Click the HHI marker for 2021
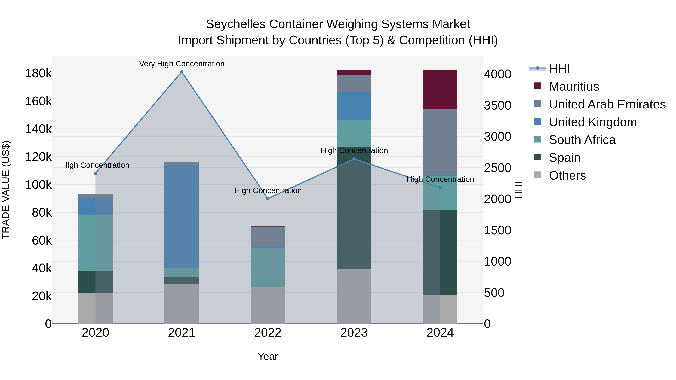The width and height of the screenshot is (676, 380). point(182,72)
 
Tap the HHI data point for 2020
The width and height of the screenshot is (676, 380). point(96,173)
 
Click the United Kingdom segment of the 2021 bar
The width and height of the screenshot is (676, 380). point(182,216)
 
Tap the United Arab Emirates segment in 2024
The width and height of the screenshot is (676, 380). point(440,142)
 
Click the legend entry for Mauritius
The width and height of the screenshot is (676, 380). point(574,87)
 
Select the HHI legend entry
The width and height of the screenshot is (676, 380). point(559,69)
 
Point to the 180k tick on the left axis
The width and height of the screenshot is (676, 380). point(38,73)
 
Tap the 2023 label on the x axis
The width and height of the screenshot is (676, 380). point(354,333)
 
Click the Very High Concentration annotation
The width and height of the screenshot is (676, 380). point(182,64)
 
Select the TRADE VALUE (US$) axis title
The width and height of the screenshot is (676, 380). point(6,190)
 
